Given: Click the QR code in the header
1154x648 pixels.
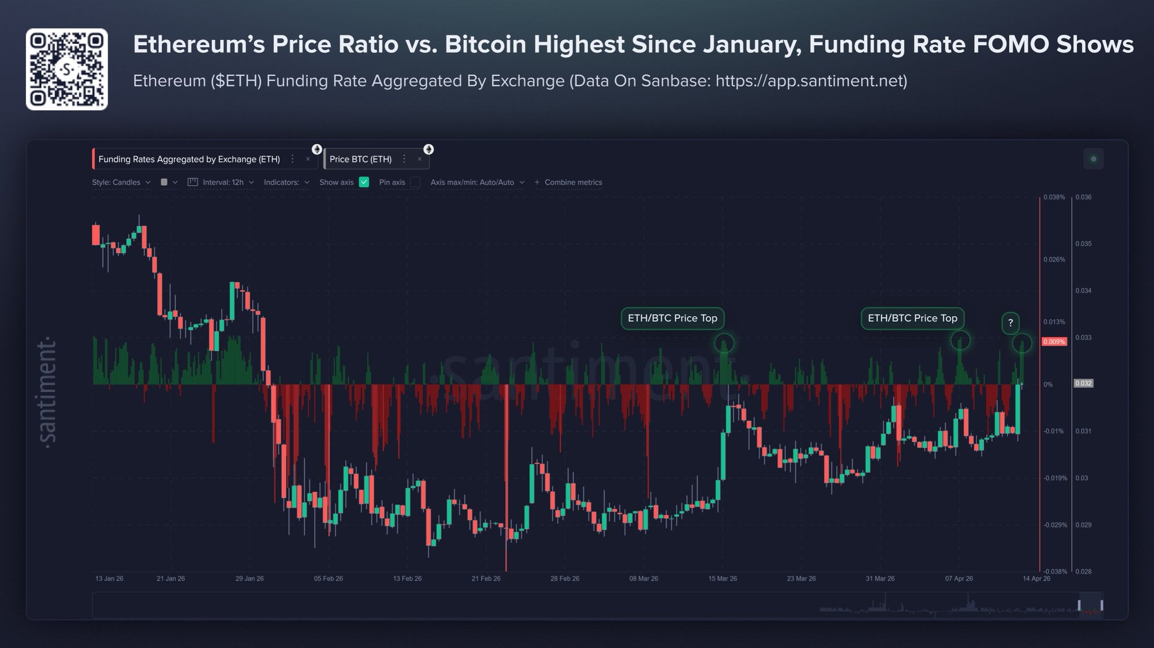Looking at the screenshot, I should tap(66, 69).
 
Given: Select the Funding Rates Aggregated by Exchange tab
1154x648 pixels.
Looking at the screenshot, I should tap(189, 159).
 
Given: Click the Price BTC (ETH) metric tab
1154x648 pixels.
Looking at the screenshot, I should tap(361, 159).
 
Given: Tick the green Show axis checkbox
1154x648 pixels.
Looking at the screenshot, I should tap(364, 182).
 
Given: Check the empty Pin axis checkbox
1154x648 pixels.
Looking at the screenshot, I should tap(415, 182).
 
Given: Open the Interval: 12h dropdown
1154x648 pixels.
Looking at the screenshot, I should tap(223, 182).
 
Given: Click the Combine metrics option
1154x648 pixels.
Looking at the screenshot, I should tap(572, 182).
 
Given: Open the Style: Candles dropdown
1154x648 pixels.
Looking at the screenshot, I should tap(117, 182).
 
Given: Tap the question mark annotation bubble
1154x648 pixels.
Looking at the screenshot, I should tap(1010, 323).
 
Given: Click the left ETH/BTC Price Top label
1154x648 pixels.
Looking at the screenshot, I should tap(672, 318).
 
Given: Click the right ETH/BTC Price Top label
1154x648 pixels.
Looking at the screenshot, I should tap(912, 318).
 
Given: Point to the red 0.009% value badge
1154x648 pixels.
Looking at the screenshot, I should tap(1054, 341).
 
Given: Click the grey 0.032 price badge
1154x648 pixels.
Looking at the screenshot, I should tap(1083, 383).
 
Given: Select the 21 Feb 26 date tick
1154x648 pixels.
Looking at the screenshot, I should tap(486, 579).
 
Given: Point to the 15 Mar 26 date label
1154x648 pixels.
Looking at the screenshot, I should tap(722, 579).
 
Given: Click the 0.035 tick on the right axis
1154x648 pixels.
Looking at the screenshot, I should tap(1083, 244).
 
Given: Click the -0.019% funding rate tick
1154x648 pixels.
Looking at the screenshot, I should tap(1055, 478).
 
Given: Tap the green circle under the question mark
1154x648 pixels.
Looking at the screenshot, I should tap(1022, 343).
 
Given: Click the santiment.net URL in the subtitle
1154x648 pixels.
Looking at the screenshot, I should tap(811, 81).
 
